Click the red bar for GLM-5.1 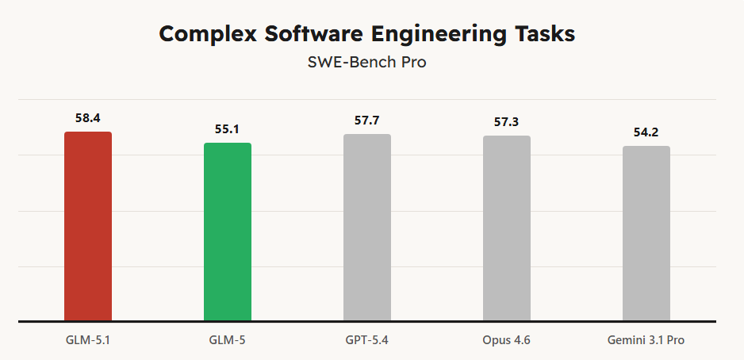(88, 227)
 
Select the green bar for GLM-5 (228, 232)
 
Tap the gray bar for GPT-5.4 (367, 228)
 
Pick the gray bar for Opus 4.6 (507, 229)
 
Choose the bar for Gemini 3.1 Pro (646, 234)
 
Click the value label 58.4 (88, 117)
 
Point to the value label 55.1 (228, 128)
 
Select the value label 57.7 (367, 121)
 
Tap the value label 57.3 (507, 122)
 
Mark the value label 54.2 (646, 132)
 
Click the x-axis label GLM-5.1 (88, 340)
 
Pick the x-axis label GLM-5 (228, 340)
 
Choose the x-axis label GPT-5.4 (367, 340)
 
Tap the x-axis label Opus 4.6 (507, 340)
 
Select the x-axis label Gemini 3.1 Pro (646, 340)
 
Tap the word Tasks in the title (546, 34)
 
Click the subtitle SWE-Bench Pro (367, 62)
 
